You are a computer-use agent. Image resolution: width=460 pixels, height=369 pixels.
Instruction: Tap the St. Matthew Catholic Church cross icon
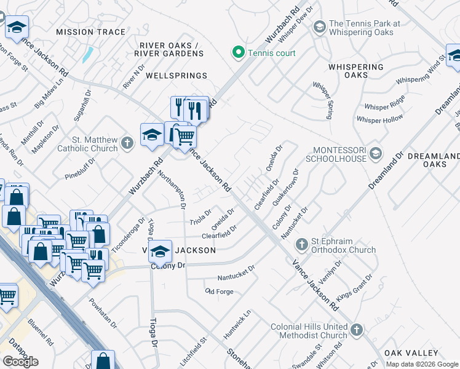pyautogui.click(x=127, y=143)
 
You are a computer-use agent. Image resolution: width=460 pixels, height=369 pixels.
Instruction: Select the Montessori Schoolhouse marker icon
pyautogui.click(x=376, y=153)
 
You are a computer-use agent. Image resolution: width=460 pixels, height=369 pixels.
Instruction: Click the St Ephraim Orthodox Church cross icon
pyautogui.click(x=301, y=245)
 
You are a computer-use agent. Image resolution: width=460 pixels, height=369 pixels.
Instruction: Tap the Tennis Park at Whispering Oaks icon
pyautogui.click(x=319, y=27)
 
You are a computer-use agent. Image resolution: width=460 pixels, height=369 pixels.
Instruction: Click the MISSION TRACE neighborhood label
pyautogui.click(x=90, y=32)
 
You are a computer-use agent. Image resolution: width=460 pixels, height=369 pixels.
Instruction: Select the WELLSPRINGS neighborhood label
pyautogui.click(x=176, y=76)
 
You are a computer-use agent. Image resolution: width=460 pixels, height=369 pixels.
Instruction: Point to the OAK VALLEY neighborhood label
pyautogui.click(x=411, y=353)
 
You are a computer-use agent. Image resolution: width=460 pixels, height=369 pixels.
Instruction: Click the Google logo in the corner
pyautogui.click(x=20, y=362)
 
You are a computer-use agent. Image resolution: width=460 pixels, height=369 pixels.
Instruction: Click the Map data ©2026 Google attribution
pyautogui.click(x=422, y=364)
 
